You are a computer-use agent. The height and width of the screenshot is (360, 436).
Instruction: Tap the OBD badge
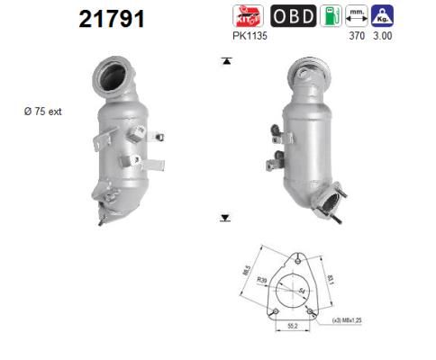coord(292,16)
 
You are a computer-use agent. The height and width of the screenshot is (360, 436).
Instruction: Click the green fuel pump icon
coord(332,16)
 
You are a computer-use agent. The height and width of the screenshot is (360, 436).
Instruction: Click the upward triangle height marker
coord(226,61)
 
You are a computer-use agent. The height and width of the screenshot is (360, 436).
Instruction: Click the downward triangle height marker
coord(226,218)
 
